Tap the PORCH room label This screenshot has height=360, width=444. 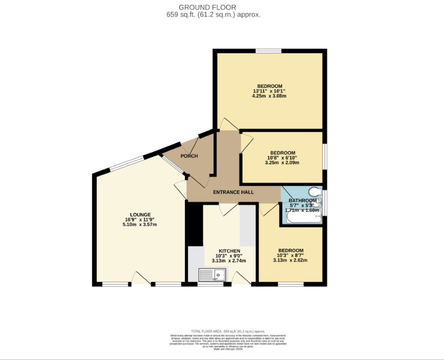tap(189, 156)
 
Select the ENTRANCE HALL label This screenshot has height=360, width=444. tap(233, 192)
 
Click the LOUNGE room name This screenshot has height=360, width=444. tap(140, 215)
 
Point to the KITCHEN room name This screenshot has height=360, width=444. tap(229, 251)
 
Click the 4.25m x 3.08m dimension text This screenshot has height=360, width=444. tap(269, 96)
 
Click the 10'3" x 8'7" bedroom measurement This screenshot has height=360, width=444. tap(290, 256)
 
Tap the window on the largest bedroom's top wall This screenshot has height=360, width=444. tap(269, 50)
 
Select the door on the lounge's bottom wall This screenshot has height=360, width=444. tap(141, 279)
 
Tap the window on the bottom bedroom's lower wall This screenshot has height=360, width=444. tap(290, 284)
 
